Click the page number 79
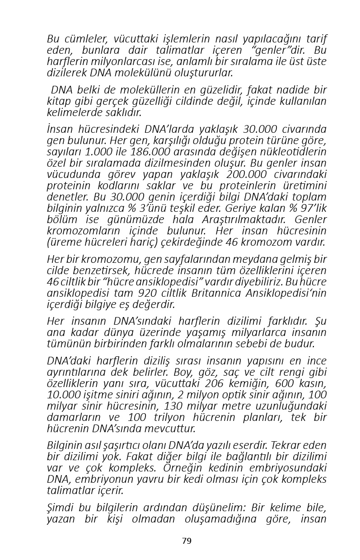click(x=187, y=541)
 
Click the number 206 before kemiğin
click(x=217, y=383)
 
